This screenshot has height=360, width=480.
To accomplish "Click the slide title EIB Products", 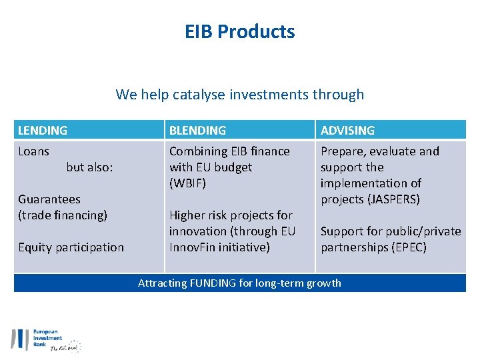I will click(x=240, y=31).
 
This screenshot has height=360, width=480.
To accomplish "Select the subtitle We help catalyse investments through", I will click(x=240, y=94).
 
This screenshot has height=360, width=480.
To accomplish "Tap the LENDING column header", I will click(x=43, y=131).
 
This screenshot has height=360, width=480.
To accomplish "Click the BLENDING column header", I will click(x=197, y=131).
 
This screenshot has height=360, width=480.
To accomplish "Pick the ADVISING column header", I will click(x=347, y=131).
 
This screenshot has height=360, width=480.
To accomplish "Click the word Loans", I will click(x=33, y=151).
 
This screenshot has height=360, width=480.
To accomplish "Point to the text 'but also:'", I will click(x=89, y=167).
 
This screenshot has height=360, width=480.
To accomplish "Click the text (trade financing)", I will click(x=63, y=215).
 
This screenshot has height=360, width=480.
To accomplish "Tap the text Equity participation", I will click(x=71, y=247).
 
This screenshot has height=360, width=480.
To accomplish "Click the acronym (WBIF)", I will click(x=188, y=183).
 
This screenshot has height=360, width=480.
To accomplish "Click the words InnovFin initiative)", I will click(x=219, y=247).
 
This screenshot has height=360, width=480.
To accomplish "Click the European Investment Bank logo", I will click(x=45, y=340).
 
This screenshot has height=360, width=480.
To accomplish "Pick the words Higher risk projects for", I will click(x=231, y=215).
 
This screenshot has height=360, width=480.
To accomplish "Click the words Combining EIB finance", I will click(x=229, y=151).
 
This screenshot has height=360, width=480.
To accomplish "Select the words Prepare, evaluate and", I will click(x=379, y=151).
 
